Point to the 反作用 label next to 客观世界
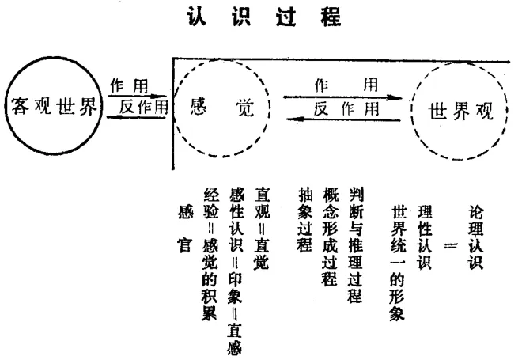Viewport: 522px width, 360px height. (x=142, y=107)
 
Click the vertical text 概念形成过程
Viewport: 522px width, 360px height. (x=329, y=237)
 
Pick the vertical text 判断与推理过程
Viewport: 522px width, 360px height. (x=354, y=246)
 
